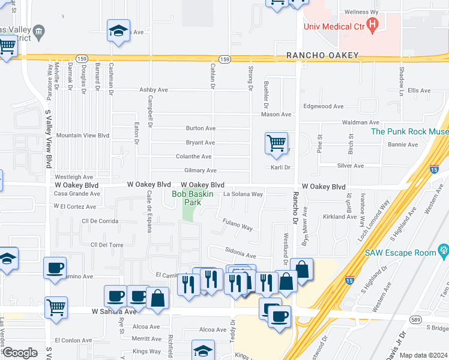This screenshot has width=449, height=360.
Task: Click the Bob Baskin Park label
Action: [186, 198]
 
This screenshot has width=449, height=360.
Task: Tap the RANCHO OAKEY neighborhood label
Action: [322, 55]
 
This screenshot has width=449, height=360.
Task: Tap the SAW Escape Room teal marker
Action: [444, 249]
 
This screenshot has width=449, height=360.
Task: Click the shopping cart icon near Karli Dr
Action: [276, 144]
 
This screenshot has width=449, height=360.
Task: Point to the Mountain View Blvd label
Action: [83, 136]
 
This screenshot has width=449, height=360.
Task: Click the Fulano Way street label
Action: [238, 226]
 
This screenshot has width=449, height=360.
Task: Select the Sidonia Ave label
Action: [241, 254]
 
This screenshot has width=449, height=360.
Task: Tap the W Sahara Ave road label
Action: [114, 311]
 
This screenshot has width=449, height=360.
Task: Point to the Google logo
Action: [20, 353]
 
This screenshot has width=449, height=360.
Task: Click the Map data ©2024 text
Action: [423, 355]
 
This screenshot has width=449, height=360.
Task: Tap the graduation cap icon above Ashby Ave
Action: [118, 31]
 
